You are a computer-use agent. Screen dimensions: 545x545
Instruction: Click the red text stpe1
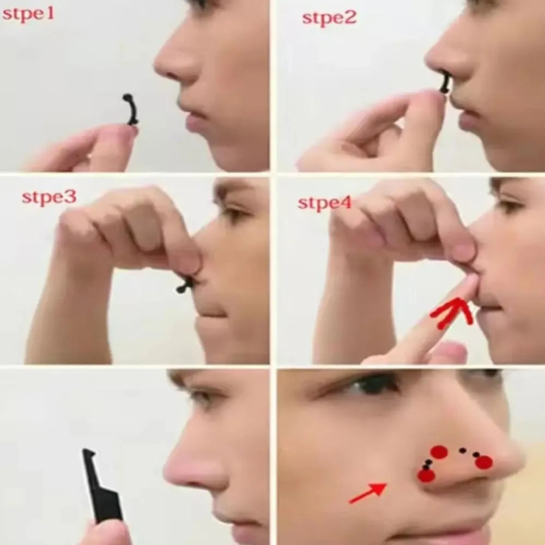point(28,14)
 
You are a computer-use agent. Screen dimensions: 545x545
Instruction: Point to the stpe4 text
point(324,203)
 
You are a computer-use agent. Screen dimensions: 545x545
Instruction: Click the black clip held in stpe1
point(131,110)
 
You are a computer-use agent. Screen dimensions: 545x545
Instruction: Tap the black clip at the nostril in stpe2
point(445,84)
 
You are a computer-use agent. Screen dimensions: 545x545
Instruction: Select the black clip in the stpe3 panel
point(185,284)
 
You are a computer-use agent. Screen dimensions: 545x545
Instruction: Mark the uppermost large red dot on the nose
point(439,452)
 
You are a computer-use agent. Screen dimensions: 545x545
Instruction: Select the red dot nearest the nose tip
point(483,462)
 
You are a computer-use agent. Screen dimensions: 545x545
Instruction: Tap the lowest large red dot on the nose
point(426,475)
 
